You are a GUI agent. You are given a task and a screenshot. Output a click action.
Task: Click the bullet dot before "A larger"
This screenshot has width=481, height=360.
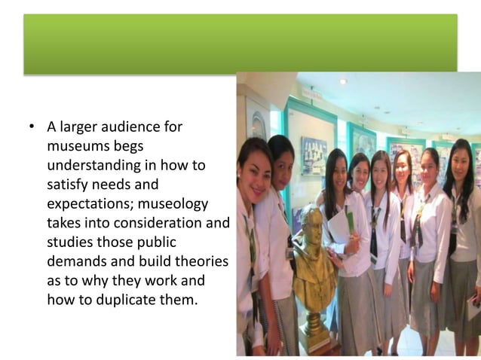[32, 127]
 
